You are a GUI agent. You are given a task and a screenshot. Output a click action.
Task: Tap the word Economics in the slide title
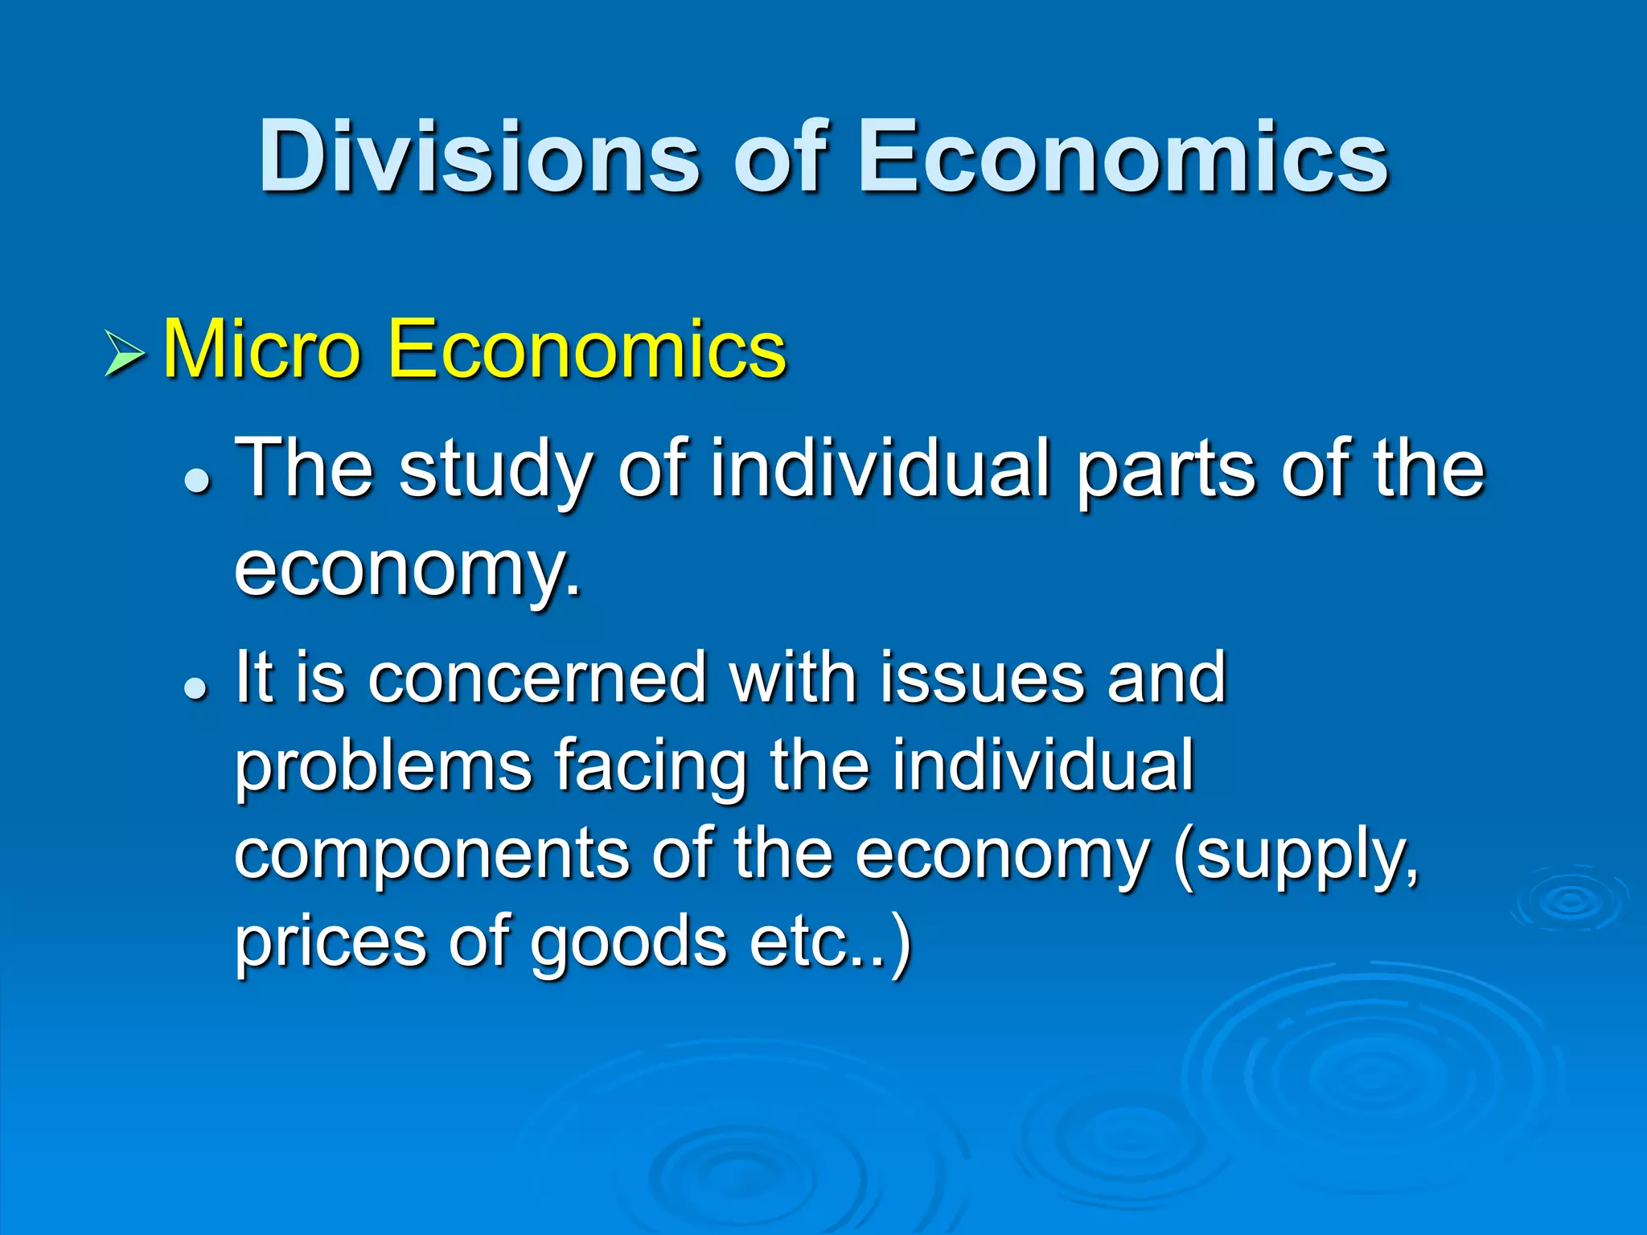coord(1123,157)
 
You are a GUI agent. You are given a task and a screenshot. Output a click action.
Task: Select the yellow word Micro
coord(261,350)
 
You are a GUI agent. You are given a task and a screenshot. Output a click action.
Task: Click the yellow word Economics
coord(586,350)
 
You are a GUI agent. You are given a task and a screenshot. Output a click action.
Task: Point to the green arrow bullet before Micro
coord(125,353)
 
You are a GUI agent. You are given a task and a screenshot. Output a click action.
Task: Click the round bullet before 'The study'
coord(196,480)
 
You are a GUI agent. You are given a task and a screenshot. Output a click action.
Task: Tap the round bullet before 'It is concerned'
coord(196,687)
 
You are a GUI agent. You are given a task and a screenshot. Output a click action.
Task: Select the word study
coord(495,470)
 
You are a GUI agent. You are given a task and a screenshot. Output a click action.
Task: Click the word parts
coord(1166,470)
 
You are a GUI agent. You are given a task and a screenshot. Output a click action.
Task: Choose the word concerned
coord(537,678)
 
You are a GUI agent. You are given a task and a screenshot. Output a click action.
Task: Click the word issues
coord(981,678)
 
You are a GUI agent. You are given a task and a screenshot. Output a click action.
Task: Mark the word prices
coord(330,942)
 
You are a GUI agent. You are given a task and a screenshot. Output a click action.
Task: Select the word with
coord(792,678)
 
